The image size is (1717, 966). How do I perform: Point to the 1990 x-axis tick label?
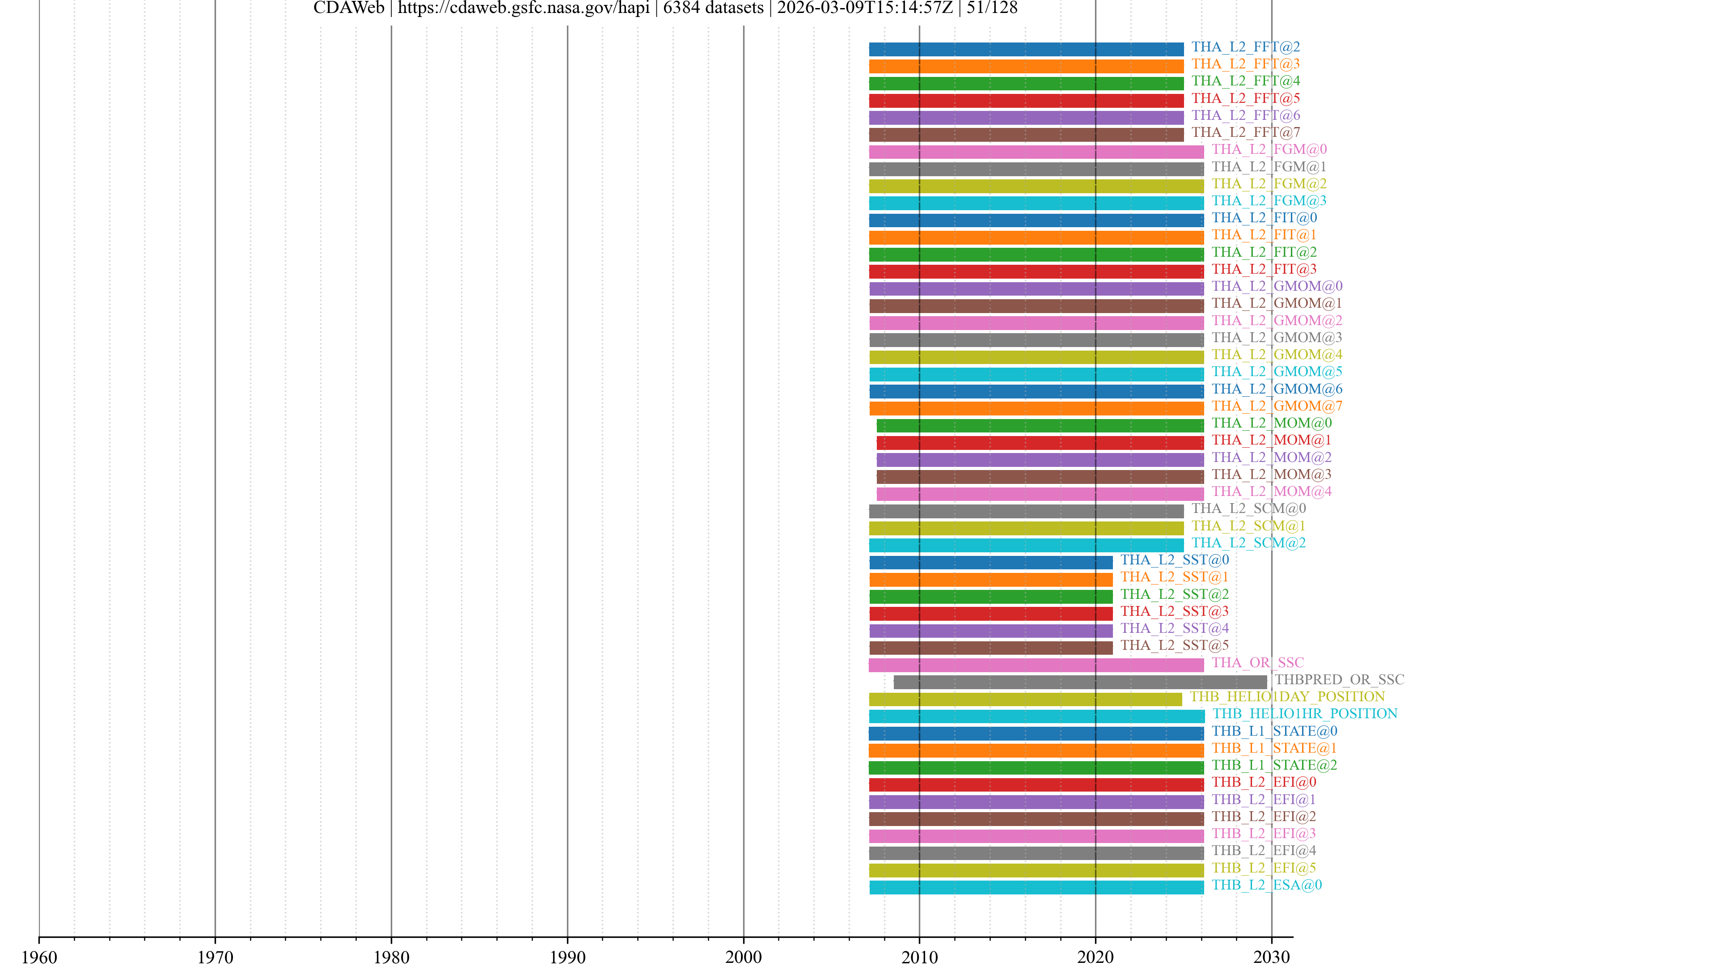tap(567, 957)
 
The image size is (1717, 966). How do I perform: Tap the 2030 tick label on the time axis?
tap(1271, 957)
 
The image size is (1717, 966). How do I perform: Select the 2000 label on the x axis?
tap(743, 957)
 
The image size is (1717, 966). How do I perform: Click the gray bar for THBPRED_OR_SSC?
tap(1080, 682)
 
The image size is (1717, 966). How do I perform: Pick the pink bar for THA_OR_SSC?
tap(1036, 665)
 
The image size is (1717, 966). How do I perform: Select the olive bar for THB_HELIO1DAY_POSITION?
tap(1025, 699)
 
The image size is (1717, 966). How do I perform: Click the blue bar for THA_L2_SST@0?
tap(990, 562)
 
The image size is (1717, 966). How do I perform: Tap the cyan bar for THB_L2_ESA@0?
tap(1036, 887)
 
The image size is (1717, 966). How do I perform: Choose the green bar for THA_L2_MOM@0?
tap(1040, 425)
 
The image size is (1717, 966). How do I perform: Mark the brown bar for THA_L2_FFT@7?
tap(1026, 135)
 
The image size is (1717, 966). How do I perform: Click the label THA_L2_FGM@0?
tap(1269, 149)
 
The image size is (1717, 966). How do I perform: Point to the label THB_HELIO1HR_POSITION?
tap(1304, 713)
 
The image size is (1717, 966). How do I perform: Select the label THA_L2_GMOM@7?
tap(1277, 406)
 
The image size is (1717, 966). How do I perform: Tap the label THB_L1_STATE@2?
tap(1274, 765)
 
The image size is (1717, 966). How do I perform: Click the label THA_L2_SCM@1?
tap(1248, 525)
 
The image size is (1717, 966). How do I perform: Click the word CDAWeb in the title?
tap(349, 8)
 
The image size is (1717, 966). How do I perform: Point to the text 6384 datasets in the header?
tap(713, 8)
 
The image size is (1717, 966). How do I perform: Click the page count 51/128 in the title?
tap(992, 8)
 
